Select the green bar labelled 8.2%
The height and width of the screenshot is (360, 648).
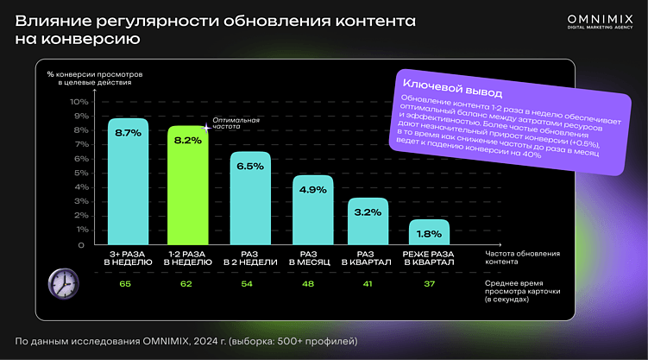tap(188, 186)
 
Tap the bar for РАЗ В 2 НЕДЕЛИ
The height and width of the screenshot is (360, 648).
tap(249, 199)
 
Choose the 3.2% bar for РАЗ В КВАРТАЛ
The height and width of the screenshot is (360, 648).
tap(368, 222)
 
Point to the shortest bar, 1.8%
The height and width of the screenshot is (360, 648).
tap(429, 231)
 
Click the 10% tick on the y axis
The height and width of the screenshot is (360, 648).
tap(79, 102)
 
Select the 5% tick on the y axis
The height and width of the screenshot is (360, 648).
tap(82, 174)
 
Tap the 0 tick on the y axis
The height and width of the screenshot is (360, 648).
tap(84, 245)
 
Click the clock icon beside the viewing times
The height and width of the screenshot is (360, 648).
tap(61, 281)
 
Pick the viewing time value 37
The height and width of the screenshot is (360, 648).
tap(429, 282)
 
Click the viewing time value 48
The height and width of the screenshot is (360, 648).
tap(309, 282)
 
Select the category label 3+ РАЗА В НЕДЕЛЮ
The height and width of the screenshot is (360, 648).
tap(128, 258)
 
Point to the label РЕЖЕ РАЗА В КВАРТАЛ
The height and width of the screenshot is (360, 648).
tap(429, 258)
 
